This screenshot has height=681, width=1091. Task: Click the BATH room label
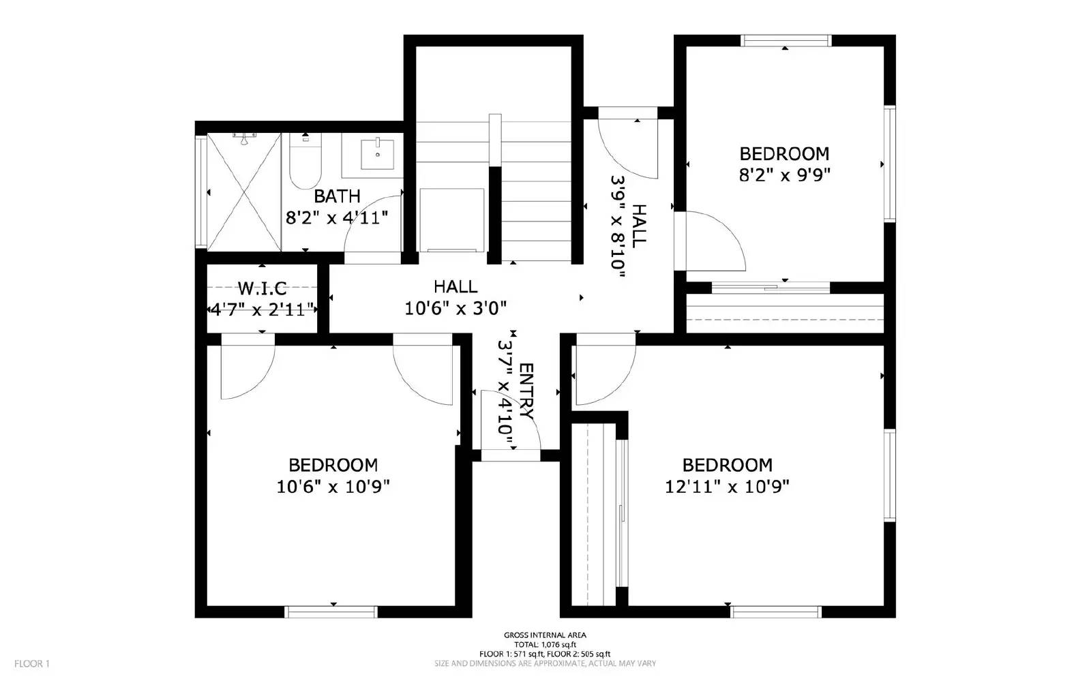click(x=337, y=196)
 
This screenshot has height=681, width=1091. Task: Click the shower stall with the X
click(x=244, y=192)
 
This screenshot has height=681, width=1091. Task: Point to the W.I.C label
click(x=262, y=288)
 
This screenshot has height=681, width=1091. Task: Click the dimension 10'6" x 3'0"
click(x=455, y=309)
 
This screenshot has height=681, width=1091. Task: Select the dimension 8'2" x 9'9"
click(x=784, y=175)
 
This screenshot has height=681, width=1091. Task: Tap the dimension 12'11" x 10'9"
click(x=727, y=487)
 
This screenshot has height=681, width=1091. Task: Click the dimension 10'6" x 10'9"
click(x=333, y=487)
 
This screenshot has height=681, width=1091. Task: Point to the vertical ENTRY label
click(x=526, y=391)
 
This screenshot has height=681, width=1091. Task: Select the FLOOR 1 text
click(x=32, y=663)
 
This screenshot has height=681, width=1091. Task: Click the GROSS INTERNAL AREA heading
click(x=545, y=635)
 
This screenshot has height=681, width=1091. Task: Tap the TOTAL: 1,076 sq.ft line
click(x=545, y=644)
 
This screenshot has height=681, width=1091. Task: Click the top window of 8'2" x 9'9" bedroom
click(x=786, y=40)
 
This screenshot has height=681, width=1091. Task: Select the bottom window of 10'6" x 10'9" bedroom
click(x=331, y=611)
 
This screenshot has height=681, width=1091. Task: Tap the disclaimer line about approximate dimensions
click(x=545, y=663)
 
